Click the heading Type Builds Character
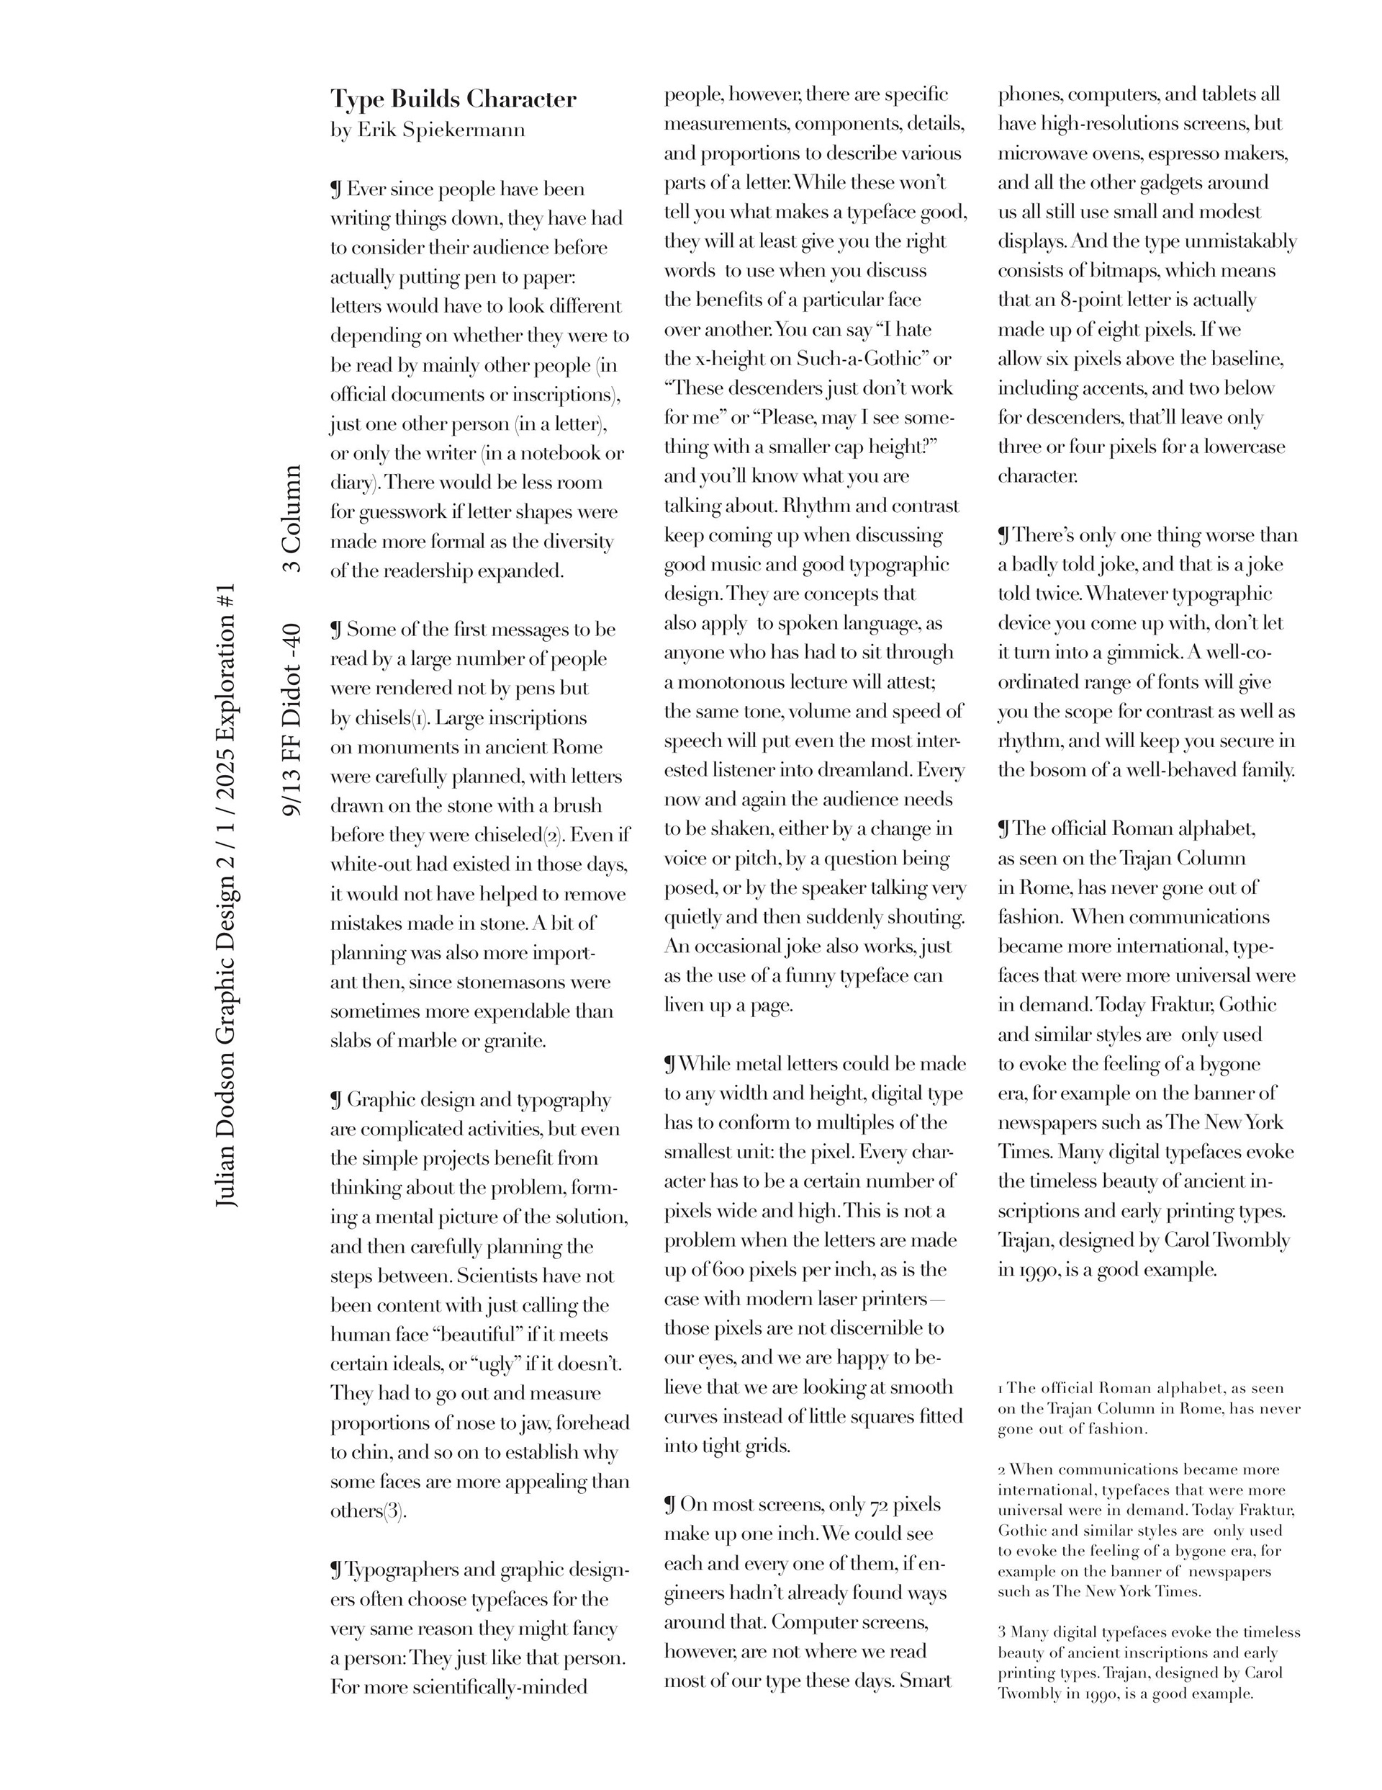point(453,99)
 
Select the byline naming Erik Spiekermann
point(428,130)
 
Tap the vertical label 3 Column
point(292,519)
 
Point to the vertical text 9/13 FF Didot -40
point(292,720)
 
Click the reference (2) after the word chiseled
point(554,835)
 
